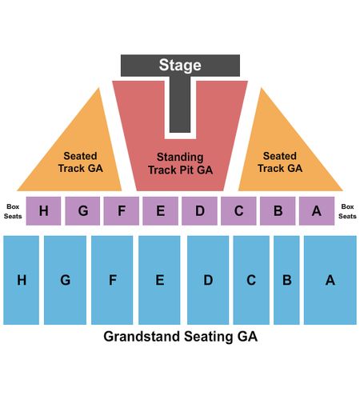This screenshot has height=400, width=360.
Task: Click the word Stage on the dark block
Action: click(180, 66)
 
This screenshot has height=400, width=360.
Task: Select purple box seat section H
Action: click(43, 211)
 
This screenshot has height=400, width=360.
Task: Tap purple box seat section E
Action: click(160, 211)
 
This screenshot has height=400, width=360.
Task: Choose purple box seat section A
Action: click(317, 211)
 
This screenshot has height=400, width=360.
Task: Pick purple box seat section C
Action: click(238, 211)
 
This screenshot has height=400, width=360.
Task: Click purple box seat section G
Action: click(82, 211)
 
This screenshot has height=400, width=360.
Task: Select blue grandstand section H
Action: click(22, 280)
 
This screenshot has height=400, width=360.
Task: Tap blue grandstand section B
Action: click(286, 280)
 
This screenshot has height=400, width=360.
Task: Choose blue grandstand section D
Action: click(208, 280)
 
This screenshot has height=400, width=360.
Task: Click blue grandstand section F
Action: click(112, 280)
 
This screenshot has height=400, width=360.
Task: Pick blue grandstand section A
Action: click(330, 280)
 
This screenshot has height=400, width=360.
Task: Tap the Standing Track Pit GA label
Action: click(181, 163)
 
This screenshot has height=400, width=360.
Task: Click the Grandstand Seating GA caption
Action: click(181, 337)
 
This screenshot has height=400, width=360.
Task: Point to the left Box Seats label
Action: click(13, 211)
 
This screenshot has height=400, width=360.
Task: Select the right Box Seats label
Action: click(347, 211)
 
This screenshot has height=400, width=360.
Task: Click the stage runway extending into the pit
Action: click(180, 104)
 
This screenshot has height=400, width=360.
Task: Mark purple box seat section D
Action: click(199, 211)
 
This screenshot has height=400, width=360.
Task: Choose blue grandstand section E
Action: click(159, 280)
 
